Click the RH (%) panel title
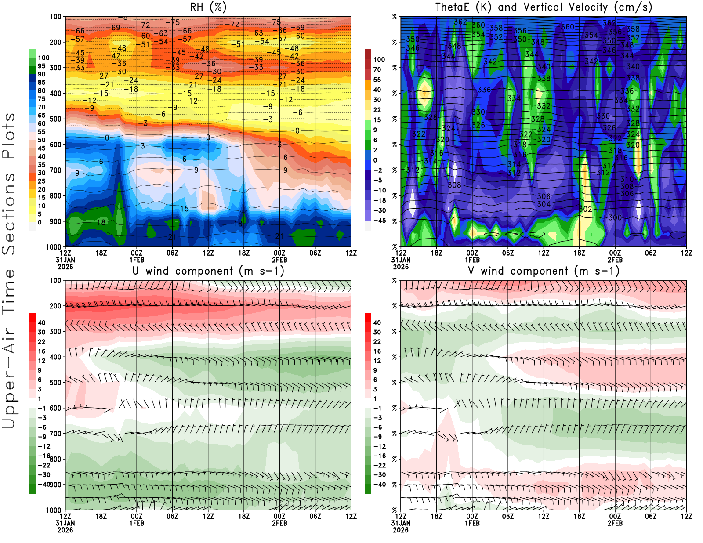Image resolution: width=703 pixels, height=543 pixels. (x=208, y=7)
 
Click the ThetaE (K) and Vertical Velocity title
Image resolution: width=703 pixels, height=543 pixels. (x=544, y=7)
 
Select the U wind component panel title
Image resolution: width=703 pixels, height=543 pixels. (x=208, y=271)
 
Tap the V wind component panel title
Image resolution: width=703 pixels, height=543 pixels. (x=544, y=271)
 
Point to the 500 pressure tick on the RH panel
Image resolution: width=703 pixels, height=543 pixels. (x=56, y=119)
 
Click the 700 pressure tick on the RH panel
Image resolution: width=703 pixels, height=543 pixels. (x=56, y=170)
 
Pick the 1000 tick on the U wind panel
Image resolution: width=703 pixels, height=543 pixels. (x=54, y=510)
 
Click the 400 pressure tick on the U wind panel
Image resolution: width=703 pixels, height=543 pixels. (x=56, y=357)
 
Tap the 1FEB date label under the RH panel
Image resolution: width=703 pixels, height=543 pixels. (x=137, y=260)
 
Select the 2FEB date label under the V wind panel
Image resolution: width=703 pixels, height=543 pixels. (x=615, y=523)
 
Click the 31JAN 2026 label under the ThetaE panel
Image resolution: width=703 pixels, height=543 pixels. (x=401, y=263)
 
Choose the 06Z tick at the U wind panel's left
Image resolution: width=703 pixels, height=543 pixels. (x=172, y=517)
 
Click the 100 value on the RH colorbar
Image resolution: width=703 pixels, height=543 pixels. (x=43, y=58)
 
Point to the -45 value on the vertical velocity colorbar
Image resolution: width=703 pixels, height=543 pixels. (x=380, y=221)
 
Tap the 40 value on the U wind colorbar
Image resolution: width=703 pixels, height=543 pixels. (x=42, y=323)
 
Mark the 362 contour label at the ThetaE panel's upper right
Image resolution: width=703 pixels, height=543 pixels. (x=609, y=23)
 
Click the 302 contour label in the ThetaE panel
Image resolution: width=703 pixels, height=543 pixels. (x=585, y=209)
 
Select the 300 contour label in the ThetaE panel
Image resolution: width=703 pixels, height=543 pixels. (x=615, y=217)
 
